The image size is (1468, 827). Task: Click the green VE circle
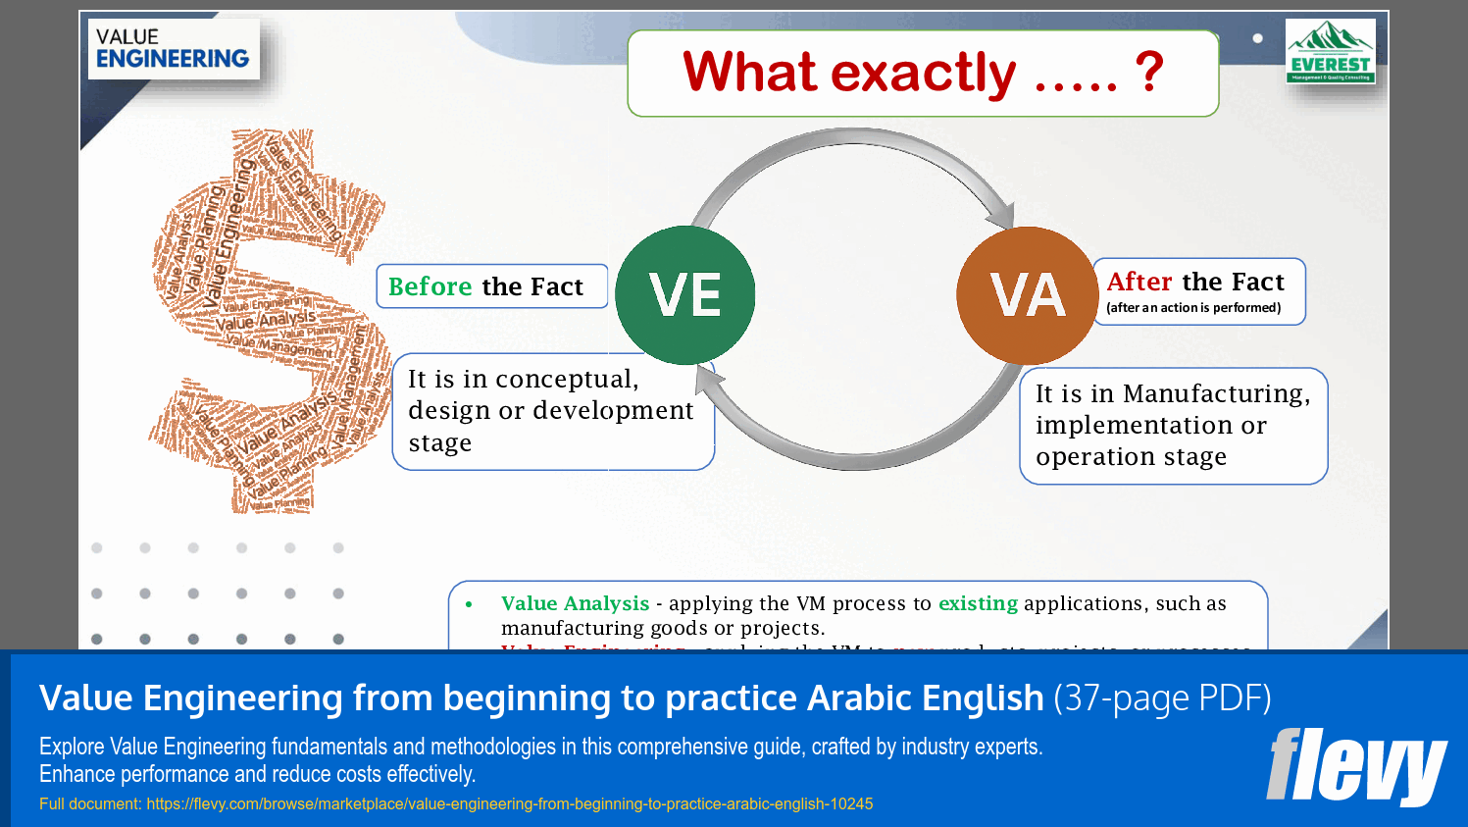[684, 295]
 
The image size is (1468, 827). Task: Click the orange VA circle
[1027, 295]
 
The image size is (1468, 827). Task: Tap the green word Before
[430, 286]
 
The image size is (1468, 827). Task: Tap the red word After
[1139, 282]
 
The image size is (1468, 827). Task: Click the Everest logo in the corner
[1330, 51]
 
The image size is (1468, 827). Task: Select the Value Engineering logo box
[174, 49]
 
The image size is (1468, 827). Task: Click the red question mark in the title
[1148, 72]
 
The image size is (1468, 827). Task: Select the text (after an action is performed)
[1193, 307]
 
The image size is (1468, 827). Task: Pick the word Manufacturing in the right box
[1216, 393]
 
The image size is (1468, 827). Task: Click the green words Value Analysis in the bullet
[575, 603]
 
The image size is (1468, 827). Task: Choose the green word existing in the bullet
[978, 603]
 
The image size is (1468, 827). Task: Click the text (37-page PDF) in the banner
[1162, 698]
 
